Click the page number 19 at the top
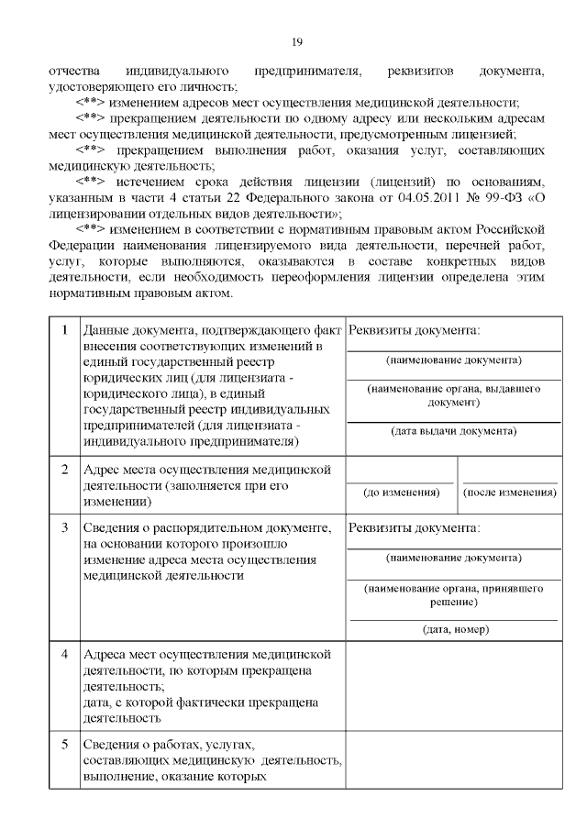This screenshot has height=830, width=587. tap(296, 41)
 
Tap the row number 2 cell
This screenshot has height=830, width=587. tap(63, 470)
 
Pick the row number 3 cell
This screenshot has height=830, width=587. tap(63, 529)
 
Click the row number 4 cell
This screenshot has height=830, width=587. tap(63, 656)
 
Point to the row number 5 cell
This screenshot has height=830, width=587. tap(63, 744)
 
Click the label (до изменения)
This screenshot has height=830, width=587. tap(401, 492)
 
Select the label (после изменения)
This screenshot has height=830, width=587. tap(510, 492)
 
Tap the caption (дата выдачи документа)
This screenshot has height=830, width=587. tap(453, 430)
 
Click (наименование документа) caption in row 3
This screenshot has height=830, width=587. tap(453, 558)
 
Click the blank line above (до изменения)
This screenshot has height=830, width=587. tap(401, 481)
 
